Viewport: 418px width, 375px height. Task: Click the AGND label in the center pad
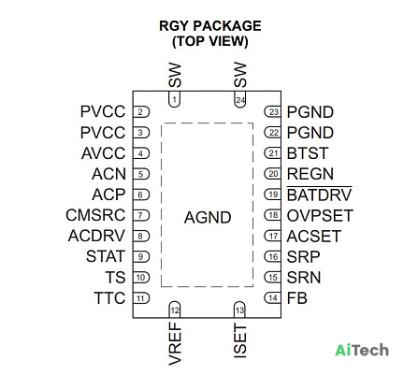click(x=208, y=217)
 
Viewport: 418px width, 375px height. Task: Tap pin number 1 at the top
click(x=175, y=99)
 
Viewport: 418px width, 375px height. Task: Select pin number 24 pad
click(x=240, y=99)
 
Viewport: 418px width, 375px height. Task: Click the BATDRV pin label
click(x=319, y=195)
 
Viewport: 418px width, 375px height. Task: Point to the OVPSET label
click(x=320, y=215)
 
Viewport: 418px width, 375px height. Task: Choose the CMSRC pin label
click(x=95, y=215)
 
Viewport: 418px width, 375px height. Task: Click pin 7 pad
click(x=141, y=215)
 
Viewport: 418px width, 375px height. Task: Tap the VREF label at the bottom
click(x=175, y=344)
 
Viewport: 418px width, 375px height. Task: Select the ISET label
click(x=240, y=340)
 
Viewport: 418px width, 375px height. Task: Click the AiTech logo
click(x=362, y=350)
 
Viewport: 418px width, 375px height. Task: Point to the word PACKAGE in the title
click(x=227, y=26)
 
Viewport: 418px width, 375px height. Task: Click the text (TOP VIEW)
click(x=210, y=41)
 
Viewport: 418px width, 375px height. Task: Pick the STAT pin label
click(x=106, y=256)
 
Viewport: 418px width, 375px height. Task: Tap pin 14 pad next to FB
click(x=273, y=298)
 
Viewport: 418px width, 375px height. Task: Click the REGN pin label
click(x=310, y=174)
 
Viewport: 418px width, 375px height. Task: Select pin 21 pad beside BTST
click(x=273, y=153)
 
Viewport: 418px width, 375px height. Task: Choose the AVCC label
click(x=104, y=153)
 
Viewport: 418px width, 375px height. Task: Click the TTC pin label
click(x=109, y=298)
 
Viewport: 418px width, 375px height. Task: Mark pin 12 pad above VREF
click(x=175, y=310)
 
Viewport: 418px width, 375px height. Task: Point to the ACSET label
click(x=314, y=237)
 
